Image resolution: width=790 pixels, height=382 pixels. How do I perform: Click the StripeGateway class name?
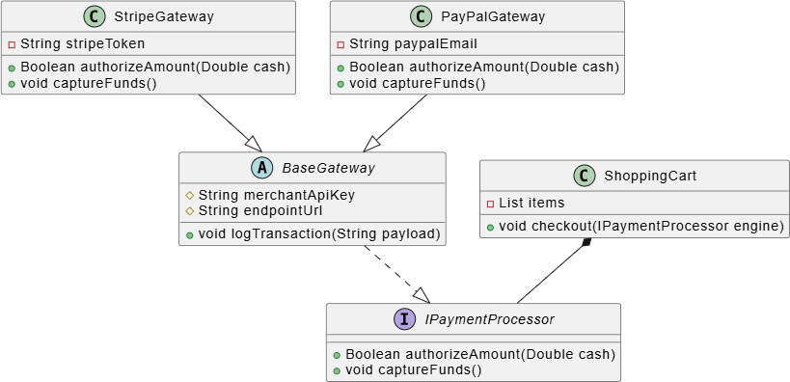pos(164,16)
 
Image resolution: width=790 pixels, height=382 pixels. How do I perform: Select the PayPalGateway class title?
pos(492,16)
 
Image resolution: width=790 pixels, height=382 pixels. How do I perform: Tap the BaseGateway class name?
pos(328,168)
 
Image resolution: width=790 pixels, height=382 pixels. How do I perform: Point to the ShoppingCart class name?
pos(650,176)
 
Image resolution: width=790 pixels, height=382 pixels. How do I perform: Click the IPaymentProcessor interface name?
pos(489,319)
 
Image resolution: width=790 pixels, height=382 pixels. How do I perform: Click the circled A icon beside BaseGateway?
pos(261,168)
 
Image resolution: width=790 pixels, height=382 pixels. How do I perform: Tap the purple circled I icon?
pos(403,319)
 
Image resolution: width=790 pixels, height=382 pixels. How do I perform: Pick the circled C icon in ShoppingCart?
pos(584,176)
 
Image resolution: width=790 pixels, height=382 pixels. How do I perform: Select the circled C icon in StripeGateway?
pos(94,16)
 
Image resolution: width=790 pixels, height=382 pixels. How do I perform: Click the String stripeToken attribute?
pos(83,43)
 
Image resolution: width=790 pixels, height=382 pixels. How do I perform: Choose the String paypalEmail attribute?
pos(413,43)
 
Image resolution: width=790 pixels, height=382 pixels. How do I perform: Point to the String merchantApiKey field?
pos(277,195)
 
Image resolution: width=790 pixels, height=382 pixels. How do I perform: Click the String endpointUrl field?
pos(260,210)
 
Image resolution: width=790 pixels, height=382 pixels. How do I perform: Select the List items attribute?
pos(531,204)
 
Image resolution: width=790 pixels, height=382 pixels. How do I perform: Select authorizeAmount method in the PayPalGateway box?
pos(483,67)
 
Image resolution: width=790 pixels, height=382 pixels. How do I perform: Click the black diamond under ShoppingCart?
pos(586,242)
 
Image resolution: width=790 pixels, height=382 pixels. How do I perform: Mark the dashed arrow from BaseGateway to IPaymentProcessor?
pos(397,275)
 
